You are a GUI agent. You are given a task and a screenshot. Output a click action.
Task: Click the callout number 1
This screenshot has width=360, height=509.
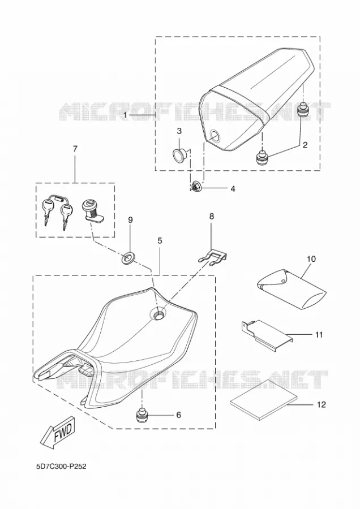click(126, 115)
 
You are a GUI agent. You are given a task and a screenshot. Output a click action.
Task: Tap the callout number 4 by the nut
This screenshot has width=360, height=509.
click(233, 188)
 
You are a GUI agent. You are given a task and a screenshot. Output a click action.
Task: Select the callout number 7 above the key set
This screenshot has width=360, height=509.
click(75, 149)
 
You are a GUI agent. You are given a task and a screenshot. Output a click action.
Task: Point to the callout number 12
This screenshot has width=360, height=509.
click(322, 405)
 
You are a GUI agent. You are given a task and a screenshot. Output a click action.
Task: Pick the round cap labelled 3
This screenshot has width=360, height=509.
click(178, 154)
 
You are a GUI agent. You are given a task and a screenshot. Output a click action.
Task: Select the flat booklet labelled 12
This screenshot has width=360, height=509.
click(264, 399)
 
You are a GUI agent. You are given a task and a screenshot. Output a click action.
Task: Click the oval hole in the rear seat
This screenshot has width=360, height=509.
click(215, 135)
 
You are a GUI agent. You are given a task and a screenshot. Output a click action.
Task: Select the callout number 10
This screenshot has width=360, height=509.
click(311, 258)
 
